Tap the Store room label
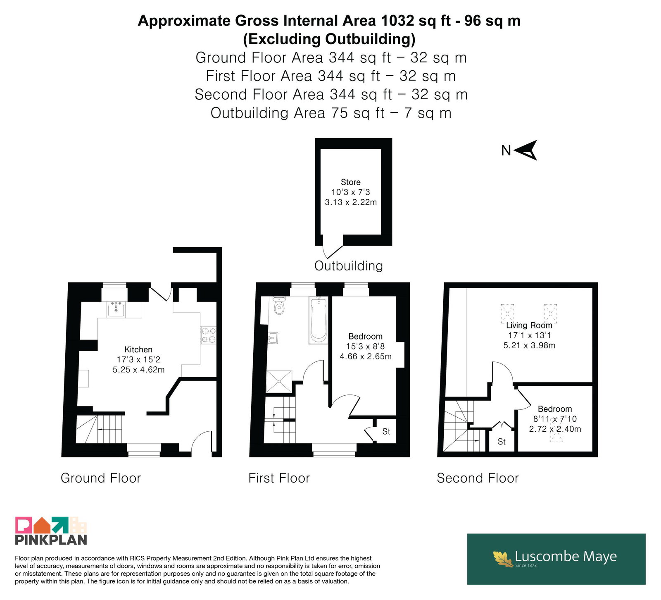351,182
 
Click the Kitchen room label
138,350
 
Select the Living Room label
529,325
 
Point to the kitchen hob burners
208,335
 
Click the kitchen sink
116,309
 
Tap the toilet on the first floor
280,305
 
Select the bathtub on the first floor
319,320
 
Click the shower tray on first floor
279,381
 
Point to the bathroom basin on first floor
273,338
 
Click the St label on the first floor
386,432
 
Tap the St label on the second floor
502,442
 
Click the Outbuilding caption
349,266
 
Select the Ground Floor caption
101,478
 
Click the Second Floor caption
478,478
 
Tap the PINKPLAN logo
51,531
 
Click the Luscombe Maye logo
556,559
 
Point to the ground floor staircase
99,429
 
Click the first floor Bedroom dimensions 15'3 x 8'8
366,347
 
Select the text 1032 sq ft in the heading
416,21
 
